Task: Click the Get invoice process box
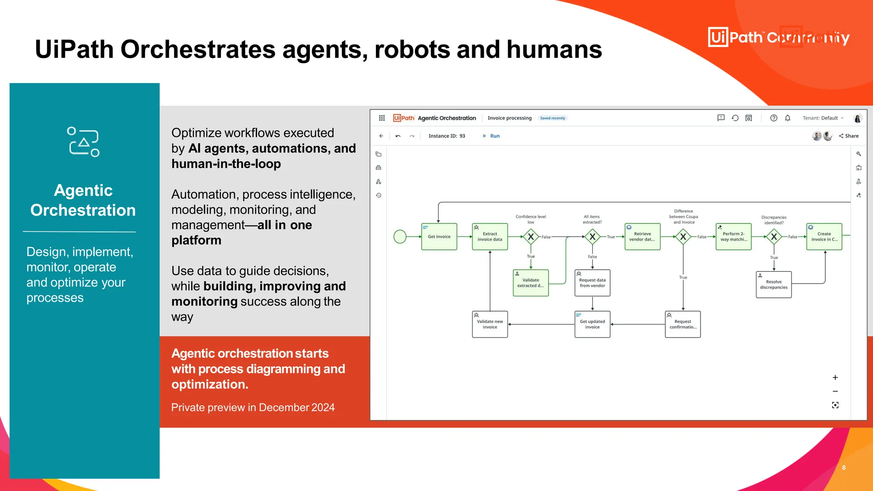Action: coord(439,237)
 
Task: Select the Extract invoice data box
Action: coord(490,237)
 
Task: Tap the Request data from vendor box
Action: coord(592,283)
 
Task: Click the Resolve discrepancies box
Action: coord(774,285)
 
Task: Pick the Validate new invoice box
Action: coord(490,324)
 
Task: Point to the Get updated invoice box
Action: coord(592,324)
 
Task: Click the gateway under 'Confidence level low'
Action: coord(531,237)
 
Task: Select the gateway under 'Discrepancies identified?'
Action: coord(774,237)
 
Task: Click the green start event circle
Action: coord(400,237)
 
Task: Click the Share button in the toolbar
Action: coord(849,136)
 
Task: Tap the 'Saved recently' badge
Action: coord(552,118)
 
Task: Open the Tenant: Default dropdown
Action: coord(823,118)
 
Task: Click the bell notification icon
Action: coord(788,118)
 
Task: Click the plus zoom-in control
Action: coord(835,378)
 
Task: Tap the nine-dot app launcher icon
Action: coord(382,118)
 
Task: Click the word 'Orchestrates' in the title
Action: coord(198,49)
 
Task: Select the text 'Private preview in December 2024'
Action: coord(253,407)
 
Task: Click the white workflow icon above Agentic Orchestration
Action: coord(84,142)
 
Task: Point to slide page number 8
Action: coord(844,468)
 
